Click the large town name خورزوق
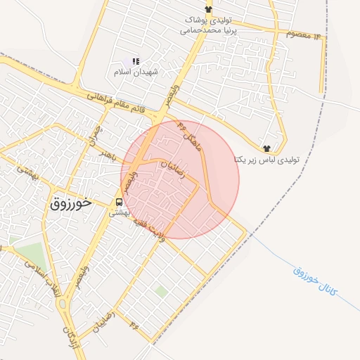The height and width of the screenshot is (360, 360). [x=71, y=203]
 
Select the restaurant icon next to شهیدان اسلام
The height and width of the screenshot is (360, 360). [x=136, y=62]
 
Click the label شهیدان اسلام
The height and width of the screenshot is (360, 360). [x=136, y=72]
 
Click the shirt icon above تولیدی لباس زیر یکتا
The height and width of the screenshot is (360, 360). [x=266, y=148]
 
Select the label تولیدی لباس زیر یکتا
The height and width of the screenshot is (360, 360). [x=266, y=160]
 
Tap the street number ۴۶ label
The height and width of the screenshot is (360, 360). [x=134, y=323]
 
